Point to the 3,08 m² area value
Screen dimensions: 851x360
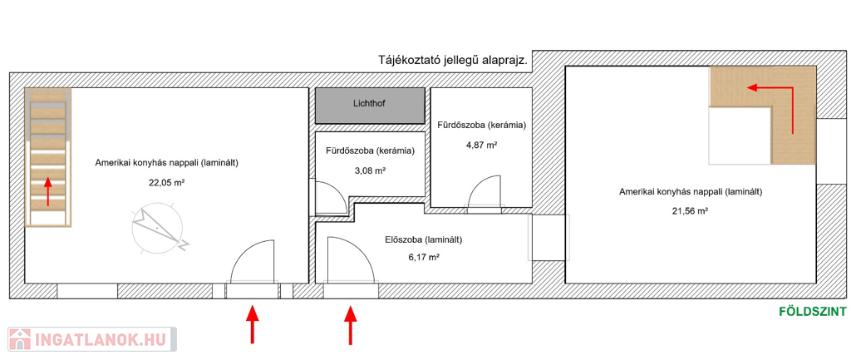click(x=370, y=170)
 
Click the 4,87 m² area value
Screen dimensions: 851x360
click(x=481, y=145)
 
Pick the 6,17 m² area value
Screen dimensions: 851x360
click(x=423, y=258)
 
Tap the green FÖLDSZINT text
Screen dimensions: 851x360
click(x=813, y=312)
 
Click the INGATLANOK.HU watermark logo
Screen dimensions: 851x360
click(x=91, y=339)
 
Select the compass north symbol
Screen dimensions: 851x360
click(x=158, y=228)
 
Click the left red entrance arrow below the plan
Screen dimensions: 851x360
click(x=252, y=325)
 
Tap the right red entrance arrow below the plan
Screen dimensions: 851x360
click(x=351, y=325)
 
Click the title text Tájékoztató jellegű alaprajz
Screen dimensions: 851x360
click(x=453, y=60)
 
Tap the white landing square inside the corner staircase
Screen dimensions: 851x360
click(x=740, y=136)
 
